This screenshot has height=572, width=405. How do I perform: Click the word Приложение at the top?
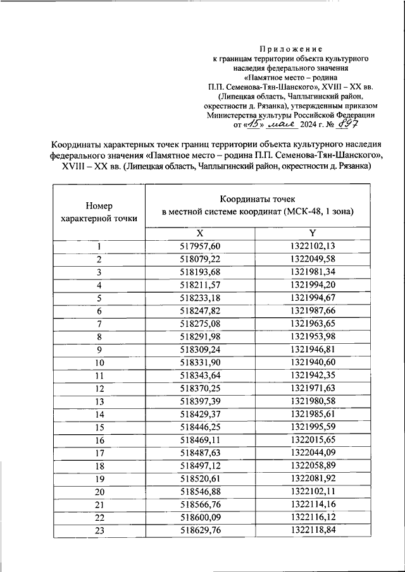[x=292, y=49]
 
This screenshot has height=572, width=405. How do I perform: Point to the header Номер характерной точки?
[x=99, y=212]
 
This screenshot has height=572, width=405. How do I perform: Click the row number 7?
[x=99, y=324]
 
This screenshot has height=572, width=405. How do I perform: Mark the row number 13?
[x=99, y=401]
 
